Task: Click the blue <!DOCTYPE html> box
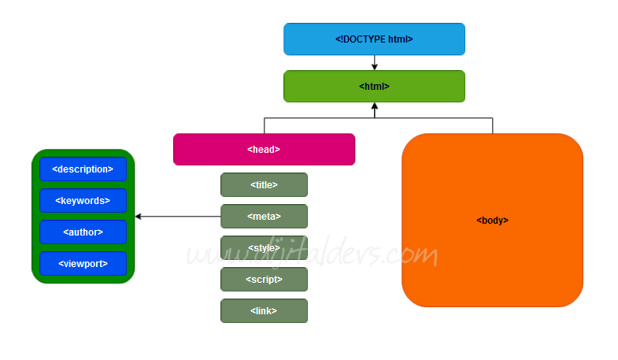tap(374, 39)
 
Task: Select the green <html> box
tap(374, 86)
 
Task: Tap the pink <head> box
tap(264, 149)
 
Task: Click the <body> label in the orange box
tap(492, 221)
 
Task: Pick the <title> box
tap(264, 184)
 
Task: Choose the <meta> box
tap(264, 216)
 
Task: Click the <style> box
tap(264, 247)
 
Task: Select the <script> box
tap(264, 279)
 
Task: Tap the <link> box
tap(264, 310)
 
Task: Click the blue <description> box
tap(83, 169)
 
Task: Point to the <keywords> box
tap(83, 200)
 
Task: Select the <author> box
tap(83, 232)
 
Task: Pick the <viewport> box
tap(83, 263)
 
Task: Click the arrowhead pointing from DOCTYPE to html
tap(375, 67)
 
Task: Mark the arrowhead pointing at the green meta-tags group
tap(139, 216)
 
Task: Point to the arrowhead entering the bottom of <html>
tap(375, 106)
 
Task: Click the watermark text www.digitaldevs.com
tap(311, 254)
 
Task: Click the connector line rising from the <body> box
tap(493, 126)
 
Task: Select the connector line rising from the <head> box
tap(265, 126)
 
